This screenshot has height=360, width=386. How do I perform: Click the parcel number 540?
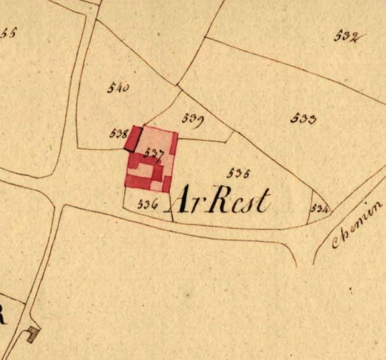pos(118,88)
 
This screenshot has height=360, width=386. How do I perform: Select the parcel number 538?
pos(118,132)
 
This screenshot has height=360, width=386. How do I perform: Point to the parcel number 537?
pos(153,151)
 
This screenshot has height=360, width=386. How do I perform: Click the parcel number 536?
pos(146,204)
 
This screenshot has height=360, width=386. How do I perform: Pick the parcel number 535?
pos(239,172)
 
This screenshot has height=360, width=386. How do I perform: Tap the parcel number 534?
pos(319,209)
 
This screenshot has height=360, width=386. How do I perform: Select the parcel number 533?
pos(303,119)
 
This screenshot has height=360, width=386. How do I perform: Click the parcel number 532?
pos(347,37)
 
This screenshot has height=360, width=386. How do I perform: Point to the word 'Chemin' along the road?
pos(357,226)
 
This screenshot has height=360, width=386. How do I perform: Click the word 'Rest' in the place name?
pos(240,201)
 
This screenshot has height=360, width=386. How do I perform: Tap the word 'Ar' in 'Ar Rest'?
pos(189,202)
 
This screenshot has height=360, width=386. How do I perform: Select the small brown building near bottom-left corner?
pos(32,335)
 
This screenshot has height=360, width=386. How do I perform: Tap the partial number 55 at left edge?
pos(8,33)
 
